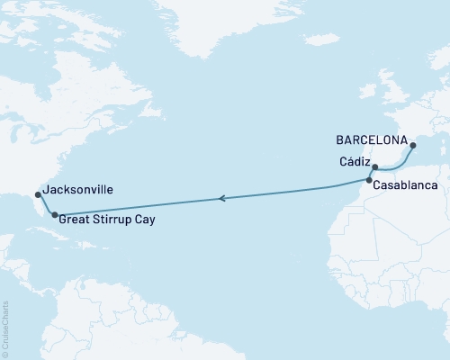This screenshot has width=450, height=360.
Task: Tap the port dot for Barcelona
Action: coord(411,145)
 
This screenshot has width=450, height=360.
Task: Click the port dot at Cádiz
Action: coord(375,166)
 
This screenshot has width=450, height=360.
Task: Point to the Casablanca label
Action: coord(408,184)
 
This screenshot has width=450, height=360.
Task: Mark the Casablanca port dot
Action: coord(369,182)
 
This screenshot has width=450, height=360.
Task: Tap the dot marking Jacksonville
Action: coord(37,193)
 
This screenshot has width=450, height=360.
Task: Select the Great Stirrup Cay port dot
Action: coord(55,214)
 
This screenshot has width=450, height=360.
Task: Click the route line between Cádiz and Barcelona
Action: coord(396,164)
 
